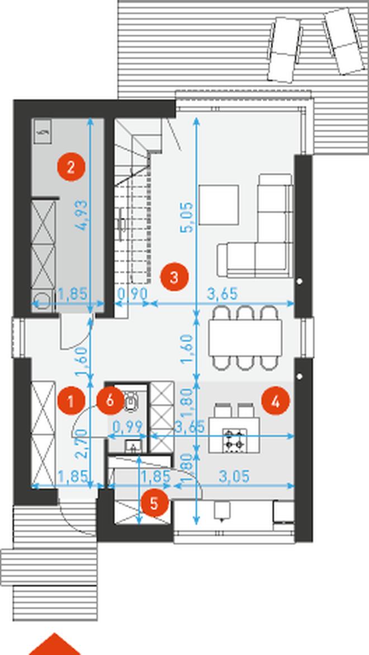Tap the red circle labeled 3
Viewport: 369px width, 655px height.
pos(174,277)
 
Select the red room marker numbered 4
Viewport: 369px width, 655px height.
pos(276,401)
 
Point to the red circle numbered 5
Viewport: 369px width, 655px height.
pos(154,503)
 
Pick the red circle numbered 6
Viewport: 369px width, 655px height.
pos(110,401)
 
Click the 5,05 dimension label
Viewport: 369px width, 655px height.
pos(188,217)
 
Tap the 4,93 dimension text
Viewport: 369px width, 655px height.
pos(82,215)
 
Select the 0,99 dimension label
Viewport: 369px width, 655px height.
pos(128,427)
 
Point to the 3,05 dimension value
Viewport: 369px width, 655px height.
pos(234,476)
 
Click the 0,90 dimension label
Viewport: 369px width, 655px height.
pos(132,294)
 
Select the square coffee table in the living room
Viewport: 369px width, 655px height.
pos(219,205)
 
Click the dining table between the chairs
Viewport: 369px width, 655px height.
pos(245,338)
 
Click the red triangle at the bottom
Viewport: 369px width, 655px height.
pos(54,645)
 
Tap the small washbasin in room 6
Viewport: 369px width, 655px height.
pos(133,446)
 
